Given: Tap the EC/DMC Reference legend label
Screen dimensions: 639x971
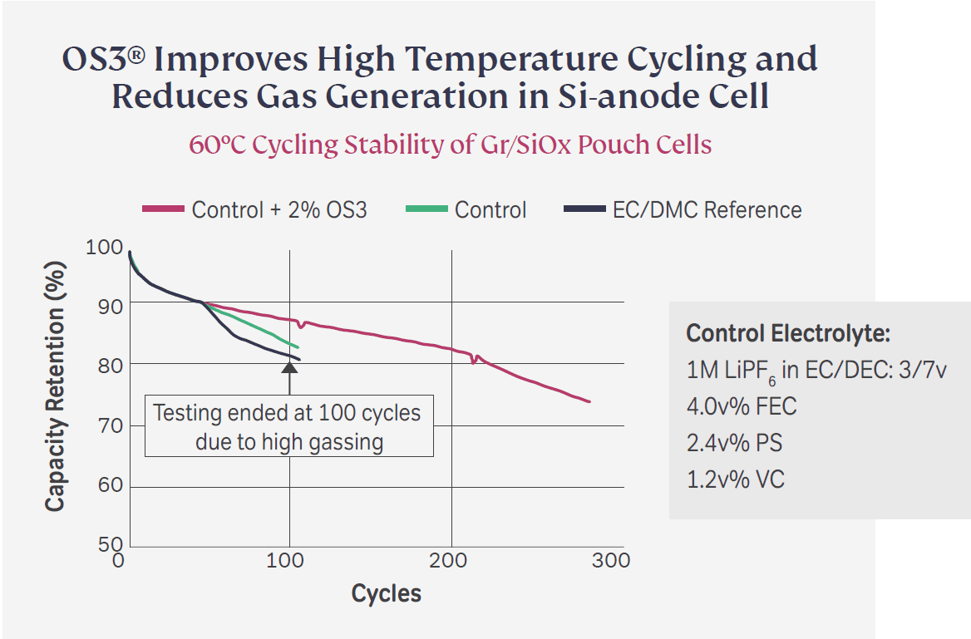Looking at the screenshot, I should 707,209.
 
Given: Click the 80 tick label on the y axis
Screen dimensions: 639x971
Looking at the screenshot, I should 104,365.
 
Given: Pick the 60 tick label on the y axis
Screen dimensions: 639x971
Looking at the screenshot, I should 104,485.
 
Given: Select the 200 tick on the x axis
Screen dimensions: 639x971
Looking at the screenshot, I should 451,561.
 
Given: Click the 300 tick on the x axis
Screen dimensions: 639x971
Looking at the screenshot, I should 612,561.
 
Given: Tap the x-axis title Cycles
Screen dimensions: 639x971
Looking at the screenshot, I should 386,594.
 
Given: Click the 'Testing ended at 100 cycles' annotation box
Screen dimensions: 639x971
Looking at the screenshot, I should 288,426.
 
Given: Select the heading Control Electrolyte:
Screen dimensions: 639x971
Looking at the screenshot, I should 788,334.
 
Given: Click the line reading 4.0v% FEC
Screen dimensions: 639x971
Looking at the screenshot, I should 742,406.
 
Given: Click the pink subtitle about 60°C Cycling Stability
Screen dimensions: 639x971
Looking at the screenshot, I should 450,145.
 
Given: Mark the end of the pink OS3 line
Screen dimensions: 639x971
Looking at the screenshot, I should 589,402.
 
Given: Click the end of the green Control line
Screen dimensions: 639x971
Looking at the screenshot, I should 298,347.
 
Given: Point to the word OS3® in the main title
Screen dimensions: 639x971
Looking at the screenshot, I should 105,60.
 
